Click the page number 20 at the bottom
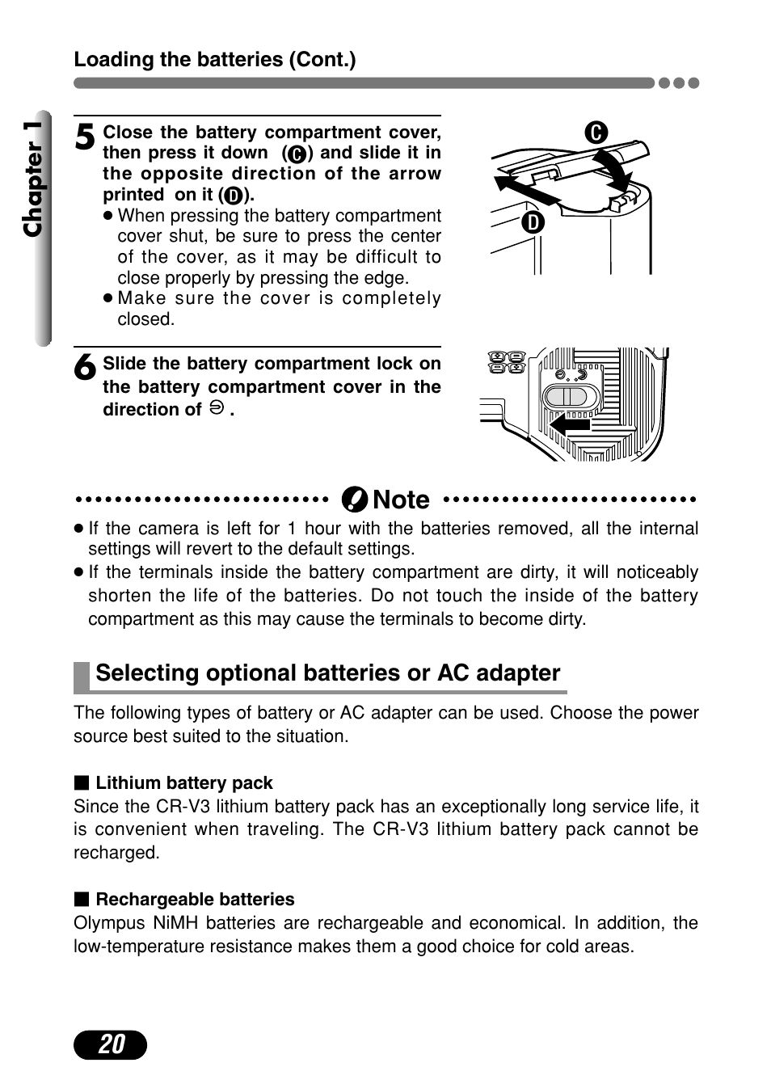click(111, 1044)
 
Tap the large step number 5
click(85, 137)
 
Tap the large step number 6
click(85, 368)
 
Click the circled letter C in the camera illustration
click(596, 133)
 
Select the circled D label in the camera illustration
click(533, 222)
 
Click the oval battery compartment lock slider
click(571, 397)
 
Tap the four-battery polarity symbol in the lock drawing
click(508, 361)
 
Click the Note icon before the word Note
click(354, 500)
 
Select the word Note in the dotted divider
click(401, 500)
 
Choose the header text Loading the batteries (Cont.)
click(215, 60)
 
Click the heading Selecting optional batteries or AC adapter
click(327, 673)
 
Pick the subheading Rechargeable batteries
click(195, 899)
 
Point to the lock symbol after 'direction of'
click(216, 408)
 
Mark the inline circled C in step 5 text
click(297, 154)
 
